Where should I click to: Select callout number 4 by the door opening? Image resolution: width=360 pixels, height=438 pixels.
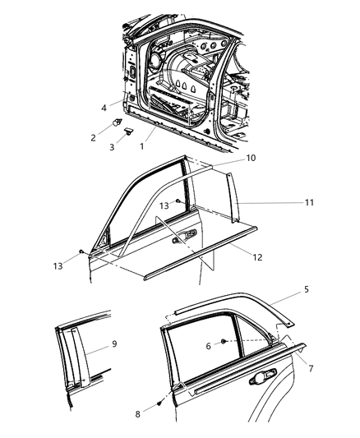[104, 106]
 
